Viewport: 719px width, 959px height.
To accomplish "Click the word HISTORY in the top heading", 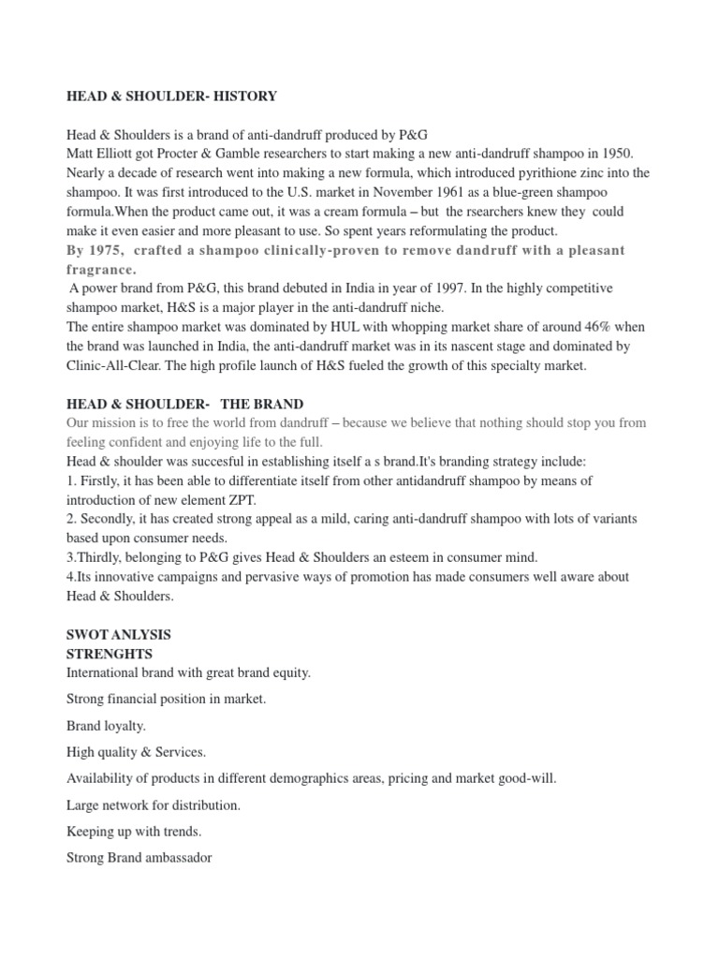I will (244, 96).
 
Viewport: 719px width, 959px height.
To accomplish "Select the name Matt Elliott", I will (97, 153).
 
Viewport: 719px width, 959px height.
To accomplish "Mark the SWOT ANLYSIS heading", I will (118, 634).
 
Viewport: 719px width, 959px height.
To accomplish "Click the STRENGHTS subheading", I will (110, 653).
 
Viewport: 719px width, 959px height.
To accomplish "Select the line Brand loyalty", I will (106, 726).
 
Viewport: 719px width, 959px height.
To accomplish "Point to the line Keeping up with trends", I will (134, 831).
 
